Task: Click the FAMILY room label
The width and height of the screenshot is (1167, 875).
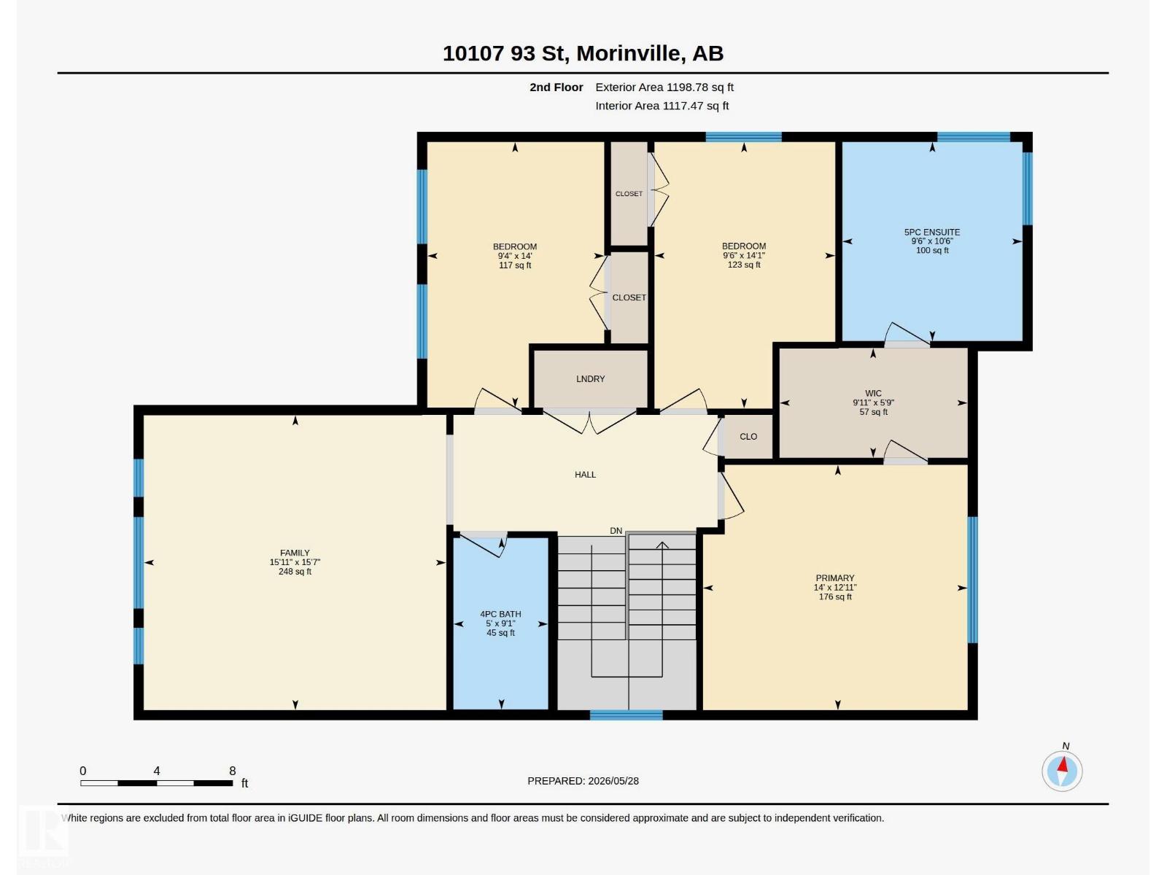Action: [x=295, y=553]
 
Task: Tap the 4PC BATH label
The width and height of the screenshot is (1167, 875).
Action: [x=500, y=614]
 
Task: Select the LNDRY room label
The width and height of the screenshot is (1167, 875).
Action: [x=590, y=378]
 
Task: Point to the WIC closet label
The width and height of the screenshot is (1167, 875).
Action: [x=873, y=393]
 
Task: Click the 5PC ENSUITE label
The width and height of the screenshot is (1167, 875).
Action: [x=931, y=232]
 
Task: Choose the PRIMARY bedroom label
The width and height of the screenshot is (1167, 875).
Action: [x=834, y=578]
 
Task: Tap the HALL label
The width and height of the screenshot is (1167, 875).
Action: [x=585, y=475]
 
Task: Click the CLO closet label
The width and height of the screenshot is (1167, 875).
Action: [x=748, y=436]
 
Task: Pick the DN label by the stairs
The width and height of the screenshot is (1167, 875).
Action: [x=616, y=531]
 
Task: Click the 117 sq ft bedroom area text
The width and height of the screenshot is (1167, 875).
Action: [x=515, y=265]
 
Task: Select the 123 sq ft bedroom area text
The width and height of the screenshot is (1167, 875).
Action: [x=743, y=265]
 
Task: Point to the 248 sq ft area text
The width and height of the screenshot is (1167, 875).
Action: [x=295, y=572]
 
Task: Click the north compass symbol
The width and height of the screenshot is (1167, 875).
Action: [x=1062, y=770]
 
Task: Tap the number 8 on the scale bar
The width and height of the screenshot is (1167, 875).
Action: [x=233, y=771]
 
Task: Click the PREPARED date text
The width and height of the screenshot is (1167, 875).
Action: [x=583, y=781]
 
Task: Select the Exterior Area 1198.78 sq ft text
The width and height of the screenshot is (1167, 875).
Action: [x=664, y=87]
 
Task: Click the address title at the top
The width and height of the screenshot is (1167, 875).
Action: [x=583, y=53]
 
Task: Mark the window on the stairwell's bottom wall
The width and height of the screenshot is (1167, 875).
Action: [x=627, y=715]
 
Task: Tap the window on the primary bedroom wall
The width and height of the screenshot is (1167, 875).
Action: [x=972, y=580]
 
